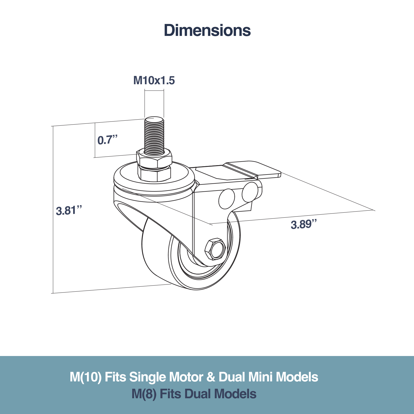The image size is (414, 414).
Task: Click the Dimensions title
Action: click(207, 30)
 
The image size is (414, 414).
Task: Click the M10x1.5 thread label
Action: click(154, 80)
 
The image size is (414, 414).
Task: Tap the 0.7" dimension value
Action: click(107, 140)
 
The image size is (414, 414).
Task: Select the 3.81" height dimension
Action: click(69, 210)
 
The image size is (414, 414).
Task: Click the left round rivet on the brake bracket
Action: click(227, 199)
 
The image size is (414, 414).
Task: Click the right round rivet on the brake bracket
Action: click(250, 192)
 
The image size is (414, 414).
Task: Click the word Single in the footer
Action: click(147, 377)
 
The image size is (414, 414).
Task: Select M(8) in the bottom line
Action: click(144, 394)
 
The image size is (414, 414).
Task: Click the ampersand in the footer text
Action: click(211, 377)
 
